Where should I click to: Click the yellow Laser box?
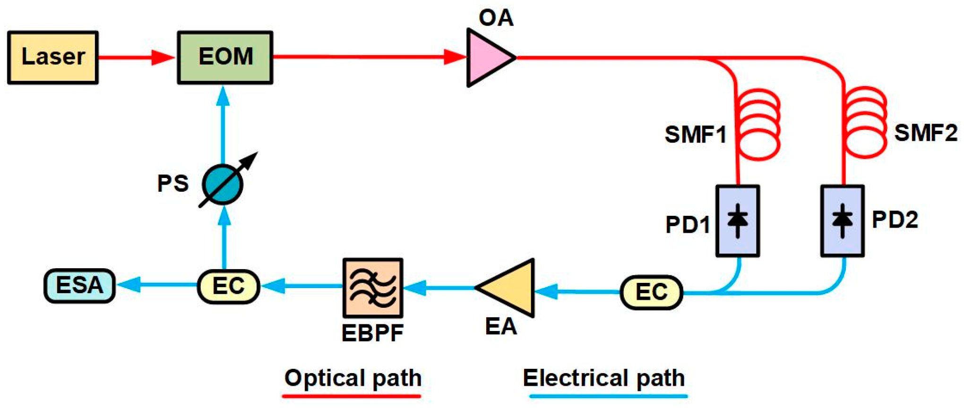tap(53, 58)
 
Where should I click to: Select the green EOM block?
tap(225, 58)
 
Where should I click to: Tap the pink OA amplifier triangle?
tap(487, 58)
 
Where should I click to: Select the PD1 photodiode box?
tap(738, 221)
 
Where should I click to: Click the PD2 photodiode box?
tap(843, 221)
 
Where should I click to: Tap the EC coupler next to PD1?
tap(651, 292)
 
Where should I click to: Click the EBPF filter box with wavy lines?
tap(373, 288)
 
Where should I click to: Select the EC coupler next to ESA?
tap(228, 286)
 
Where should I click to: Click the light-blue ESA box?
tap(79, 286)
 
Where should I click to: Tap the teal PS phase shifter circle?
tap(223, 184)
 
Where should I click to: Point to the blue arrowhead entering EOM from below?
tap(223, 96)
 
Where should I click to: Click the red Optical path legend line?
tap(352, 396)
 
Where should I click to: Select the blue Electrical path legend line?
tap(608, 396)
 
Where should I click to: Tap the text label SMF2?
tap(926, 133)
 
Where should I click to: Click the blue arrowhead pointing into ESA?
tap(128, 284)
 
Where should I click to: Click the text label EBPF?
tap(372, 333)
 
